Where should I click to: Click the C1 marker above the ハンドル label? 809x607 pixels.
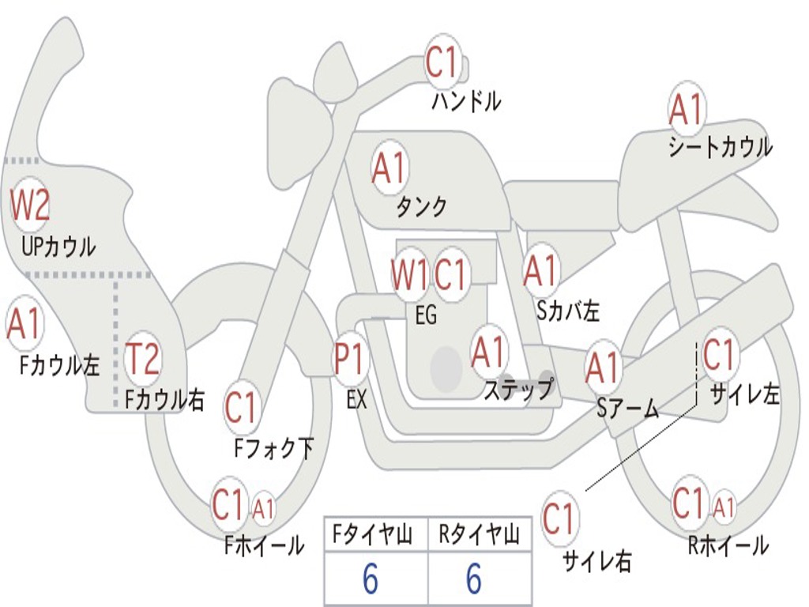pos(442,62)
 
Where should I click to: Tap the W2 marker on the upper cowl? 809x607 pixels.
pos(30,205)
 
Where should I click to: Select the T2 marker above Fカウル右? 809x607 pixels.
pos(142,358)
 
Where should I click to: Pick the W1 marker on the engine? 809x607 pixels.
pos(410,274)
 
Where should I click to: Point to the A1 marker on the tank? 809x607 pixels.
pos(390,168)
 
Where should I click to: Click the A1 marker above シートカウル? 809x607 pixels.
pos(687,109)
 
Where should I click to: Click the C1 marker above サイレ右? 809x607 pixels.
pos(559,518)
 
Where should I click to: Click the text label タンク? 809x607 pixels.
pos(422,206)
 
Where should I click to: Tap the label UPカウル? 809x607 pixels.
pos(58,247)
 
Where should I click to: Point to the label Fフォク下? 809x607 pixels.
pos(273,448)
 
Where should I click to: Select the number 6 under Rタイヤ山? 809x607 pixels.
pos(475,578)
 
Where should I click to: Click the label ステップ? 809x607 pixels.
pos(518,389)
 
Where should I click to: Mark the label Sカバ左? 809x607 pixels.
pos(568,311)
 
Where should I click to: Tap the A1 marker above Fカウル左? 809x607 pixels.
pos(24,324)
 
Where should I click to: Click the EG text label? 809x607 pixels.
pos(426,315)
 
